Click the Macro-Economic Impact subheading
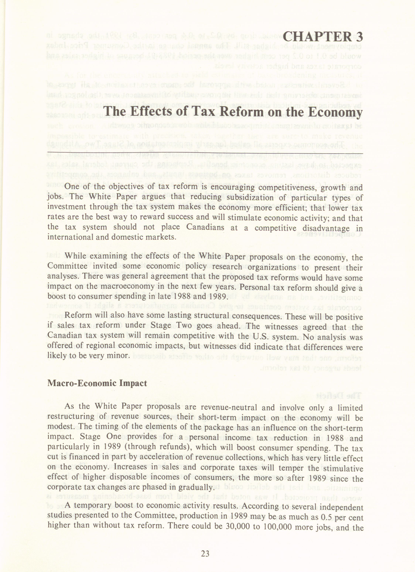click(97, 383)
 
